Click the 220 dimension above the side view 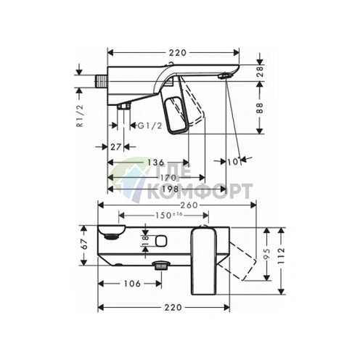(178, 53)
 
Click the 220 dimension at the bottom (173, 308)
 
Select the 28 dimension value (260, 71)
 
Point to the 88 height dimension (260, 108)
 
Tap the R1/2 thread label (81, 116)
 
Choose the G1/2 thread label (150, 126)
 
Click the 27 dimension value (115, 147)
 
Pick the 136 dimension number (156, 162)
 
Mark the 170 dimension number (168, 178)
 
